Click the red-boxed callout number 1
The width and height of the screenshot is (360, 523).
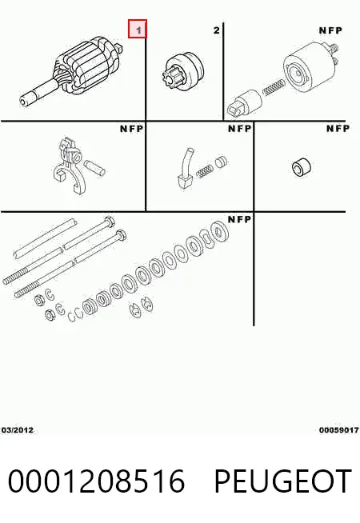pyautogui.click(x=138, y=29)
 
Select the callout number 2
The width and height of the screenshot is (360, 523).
pyautogui.click(x=217, y=30)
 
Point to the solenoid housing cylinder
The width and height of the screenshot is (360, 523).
pyautogui.click(x=307, y=69)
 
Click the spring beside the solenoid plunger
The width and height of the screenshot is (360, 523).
pyautogui.click(x=274, y=86)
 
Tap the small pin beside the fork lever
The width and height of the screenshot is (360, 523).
pyautogui.click(x=94, y=167)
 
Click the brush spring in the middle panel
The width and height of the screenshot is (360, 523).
pyautogui.click(x=205, y=172)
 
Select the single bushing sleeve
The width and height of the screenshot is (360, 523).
pyautogui.click(x=301, y=166)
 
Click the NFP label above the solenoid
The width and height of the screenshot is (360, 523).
pyautogui.click(x=330, y=30)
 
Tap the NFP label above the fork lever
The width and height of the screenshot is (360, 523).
pyautogui.click(x=131, y=129)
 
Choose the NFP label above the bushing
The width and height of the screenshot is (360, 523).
pyautogui.click(x=338, y=129)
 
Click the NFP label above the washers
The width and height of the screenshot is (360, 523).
pyautogui.click(x=239, y=219)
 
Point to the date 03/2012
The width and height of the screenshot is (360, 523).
pyautogui.click(x=18, y=430)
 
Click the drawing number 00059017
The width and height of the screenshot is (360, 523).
pyautogui.click(x=338, y=430)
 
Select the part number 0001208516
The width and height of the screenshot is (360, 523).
pyautogui.click(x=97, y=481)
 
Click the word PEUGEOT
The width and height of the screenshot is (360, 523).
pyautogui.click(x=283, y=481)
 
